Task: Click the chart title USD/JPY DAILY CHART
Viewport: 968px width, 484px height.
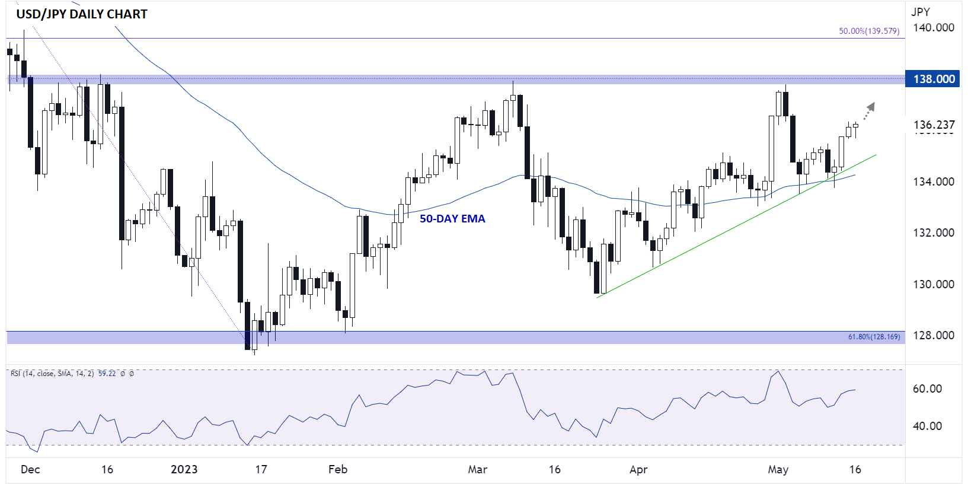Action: click(x=82, y=14)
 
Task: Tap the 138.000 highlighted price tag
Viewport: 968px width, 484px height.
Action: click(x=934, y=79)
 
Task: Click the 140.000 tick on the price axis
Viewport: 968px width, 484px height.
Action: click(x=934, y=28)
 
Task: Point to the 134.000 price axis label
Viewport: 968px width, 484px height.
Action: click(x=934, y=181)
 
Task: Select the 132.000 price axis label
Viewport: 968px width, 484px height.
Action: click(x=934, y=233)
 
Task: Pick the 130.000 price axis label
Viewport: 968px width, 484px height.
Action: click(x=934, y=284)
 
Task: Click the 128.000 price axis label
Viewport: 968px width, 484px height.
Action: click(x=934, y=335)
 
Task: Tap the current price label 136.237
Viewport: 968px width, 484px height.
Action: click(x=934, y=125)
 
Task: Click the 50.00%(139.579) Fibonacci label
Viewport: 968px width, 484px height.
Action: click(x=868, y=31)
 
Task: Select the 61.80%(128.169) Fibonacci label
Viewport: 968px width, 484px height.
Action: click(x=874, y=337)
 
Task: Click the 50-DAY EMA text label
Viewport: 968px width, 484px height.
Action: click(x=452, y=219)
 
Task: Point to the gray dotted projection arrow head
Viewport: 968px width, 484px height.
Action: click(x=871, y=107)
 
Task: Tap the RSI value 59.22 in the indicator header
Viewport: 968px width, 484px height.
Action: click(x=107, y=374)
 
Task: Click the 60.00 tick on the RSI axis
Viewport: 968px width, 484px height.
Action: click(x=927, y=389)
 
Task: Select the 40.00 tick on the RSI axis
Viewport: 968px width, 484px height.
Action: click(x=927, y=426)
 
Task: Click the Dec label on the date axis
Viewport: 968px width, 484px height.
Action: click(x=30, y=470)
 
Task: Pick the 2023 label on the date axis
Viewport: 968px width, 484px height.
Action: click(x=184, y=470)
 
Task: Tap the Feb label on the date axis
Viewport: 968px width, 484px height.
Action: click(x=338, y=470)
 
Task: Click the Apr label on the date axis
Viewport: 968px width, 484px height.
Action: click(x=638, y=470)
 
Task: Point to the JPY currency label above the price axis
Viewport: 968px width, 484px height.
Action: click(x=921, y=12)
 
